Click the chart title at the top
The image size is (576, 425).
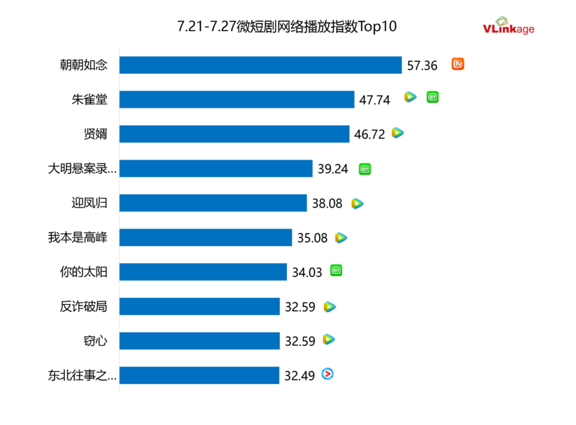click(287, 27)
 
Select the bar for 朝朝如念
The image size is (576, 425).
click(260, 65)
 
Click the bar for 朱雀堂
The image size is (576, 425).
click(236, 99)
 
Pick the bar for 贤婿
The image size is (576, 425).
click(234, 134)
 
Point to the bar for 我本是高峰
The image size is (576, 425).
click(205, 237)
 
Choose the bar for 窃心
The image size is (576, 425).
click(199, 341)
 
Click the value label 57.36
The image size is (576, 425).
click(422, 65)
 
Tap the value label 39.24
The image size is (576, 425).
click(333, 169)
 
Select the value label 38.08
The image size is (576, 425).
click(327, 204)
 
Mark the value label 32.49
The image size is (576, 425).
click(300, 375)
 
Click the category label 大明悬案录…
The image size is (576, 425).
click(81, 169)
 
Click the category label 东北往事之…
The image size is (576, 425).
click(81, 375)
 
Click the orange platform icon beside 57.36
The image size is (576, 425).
click(458, 64)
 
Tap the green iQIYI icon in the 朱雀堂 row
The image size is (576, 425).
click(432, 96)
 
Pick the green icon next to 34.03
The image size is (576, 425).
click(336, 270)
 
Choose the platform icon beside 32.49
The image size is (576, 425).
click(328, 374)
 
